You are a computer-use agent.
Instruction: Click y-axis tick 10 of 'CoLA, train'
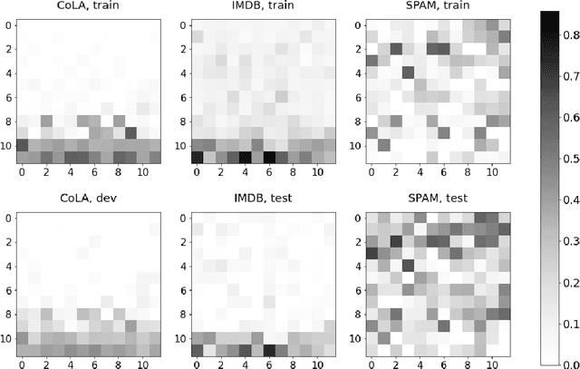point(7,145)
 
